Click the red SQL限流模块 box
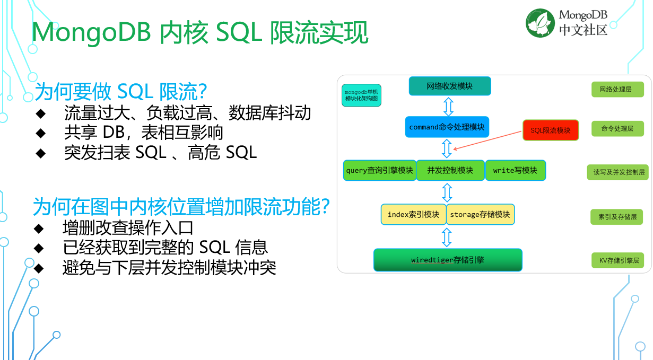[550, 130]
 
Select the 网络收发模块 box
[450, 86]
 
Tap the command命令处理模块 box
[447, 127]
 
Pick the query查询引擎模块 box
[379, 170]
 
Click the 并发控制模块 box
[450, 170]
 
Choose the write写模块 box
[515, 170]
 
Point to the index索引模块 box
[413, 214]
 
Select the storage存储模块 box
[480, 214]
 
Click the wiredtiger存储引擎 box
[448, 260]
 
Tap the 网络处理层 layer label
[617, 90]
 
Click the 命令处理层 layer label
[617, 128]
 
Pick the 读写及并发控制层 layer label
[617, 172]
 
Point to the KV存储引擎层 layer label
[617, 260]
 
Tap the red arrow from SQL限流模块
[488, 140]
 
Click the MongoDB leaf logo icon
[540, 23]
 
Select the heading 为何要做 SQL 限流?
[120, 92]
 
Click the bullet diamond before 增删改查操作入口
[39, 229]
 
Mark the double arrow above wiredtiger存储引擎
[447, 236]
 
